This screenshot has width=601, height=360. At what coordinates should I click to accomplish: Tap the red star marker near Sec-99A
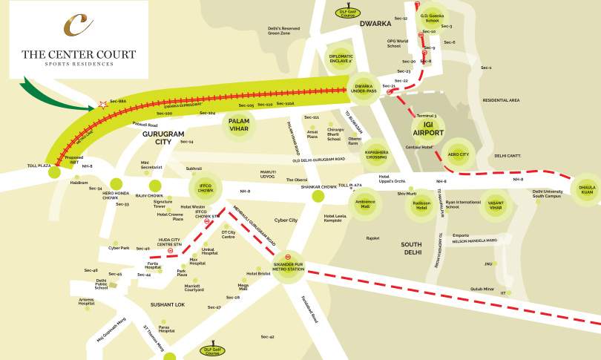[x=103, y=105]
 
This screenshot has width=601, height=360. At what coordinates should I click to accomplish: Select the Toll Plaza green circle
[x=53, y=172]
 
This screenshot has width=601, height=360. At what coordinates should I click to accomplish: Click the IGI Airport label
[x=428, y=128]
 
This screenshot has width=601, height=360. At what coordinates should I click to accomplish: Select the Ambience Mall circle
[x=366, y=203]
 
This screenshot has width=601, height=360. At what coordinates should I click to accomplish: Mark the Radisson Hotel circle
[x=421, y=205]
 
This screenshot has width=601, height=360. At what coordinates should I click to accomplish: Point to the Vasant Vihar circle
[x=495, y=204]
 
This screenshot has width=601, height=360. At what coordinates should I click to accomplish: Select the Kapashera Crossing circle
[x=376, y=157]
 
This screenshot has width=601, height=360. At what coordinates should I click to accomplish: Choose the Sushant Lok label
[x=168, y=304]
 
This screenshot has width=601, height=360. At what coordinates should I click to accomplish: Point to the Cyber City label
[x=286, y=220]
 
